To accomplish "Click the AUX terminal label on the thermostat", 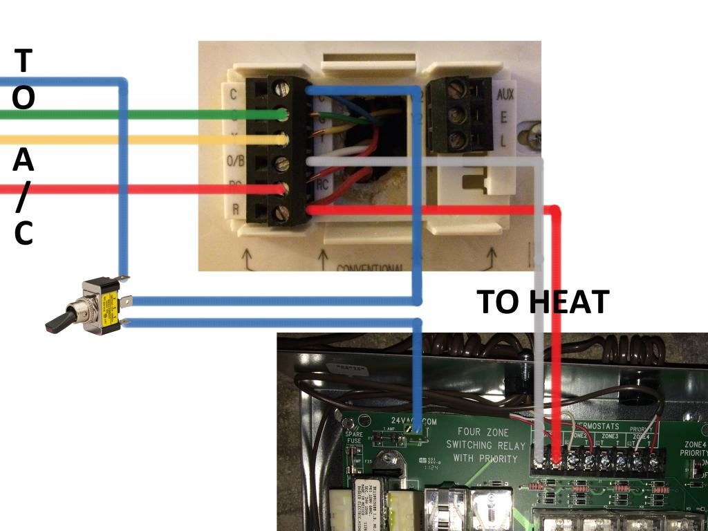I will pyautogui.click(x=505, y=94).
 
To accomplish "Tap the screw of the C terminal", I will pyautogui.click(x=281, y=88).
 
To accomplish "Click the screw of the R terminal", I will pyautogui.click(x=281, y=214).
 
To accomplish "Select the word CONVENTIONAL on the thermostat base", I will pyautogui.click(x=371, y=268).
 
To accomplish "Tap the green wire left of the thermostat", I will pyautogui.click(x=138, y=115).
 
